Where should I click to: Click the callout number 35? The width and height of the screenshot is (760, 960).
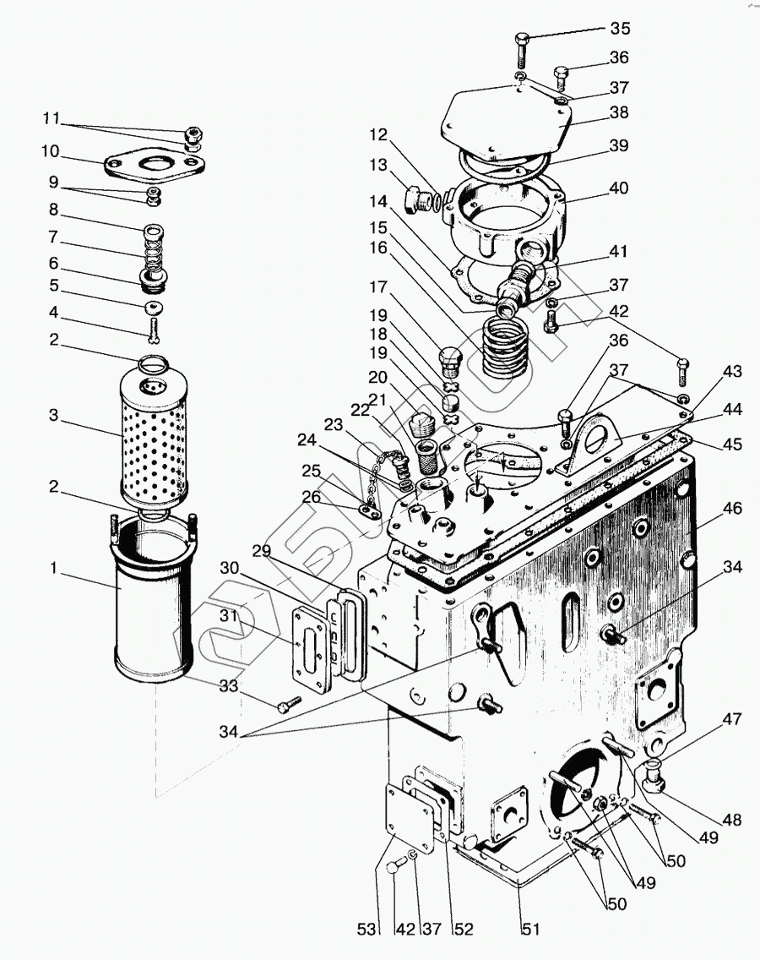(x=620, y=29)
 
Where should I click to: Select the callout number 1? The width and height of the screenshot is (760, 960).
(x=55, y=569)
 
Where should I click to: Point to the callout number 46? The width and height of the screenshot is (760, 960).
(x=732, y=509)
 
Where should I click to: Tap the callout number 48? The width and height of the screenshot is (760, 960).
(x=731, y=820)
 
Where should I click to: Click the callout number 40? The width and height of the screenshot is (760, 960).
(x=619, y=188)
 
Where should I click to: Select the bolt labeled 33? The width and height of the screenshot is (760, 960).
(x=288, y=704)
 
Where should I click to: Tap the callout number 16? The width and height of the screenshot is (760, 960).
(x=377, y=248)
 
